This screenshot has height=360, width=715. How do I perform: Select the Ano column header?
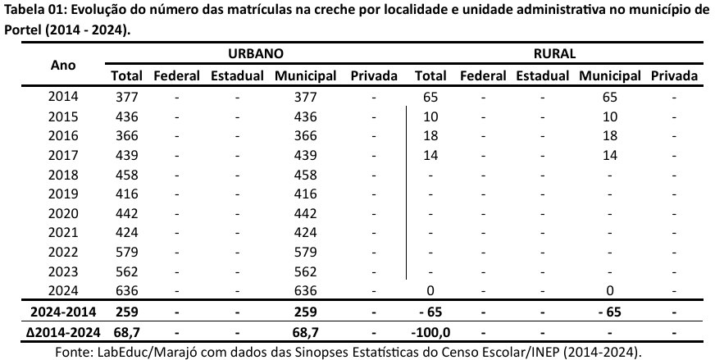(64, 65)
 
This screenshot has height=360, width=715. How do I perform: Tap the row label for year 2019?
(63, 194)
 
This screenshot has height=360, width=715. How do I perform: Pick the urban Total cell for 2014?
(126, 97)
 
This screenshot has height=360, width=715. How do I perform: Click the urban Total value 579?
(126, 252)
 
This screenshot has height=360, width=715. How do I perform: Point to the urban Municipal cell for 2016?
(305, 135)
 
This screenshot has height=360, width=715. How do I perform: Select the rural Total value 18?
(430, 135)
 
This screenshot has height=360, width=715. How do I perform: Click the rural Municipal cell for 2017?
(609, 155)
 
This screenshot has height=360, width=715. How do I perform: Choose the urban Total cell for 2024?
(126, 290)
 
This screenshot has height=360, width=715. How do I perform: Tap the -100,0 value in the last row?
(430, 332)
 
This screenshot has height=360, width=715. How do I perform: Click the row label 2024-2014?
(63, 312)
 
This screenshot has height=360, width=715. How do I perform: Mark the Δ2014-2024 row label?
(63, 332)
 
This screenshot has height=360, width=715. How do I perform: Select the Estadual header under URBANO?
(236, 75)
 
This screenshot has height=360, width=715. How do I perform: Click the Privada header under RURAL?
(674, 75)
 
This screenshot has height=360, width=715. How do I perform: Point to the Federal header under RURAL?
(483, 75)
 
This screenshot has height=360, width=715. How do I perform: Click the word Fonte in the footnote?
(71, 352)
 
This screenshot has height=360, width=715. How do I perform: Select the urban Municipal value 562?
(305, 271)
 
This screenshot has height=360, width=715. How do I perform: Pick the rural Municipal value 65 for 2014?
(609, 97)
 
